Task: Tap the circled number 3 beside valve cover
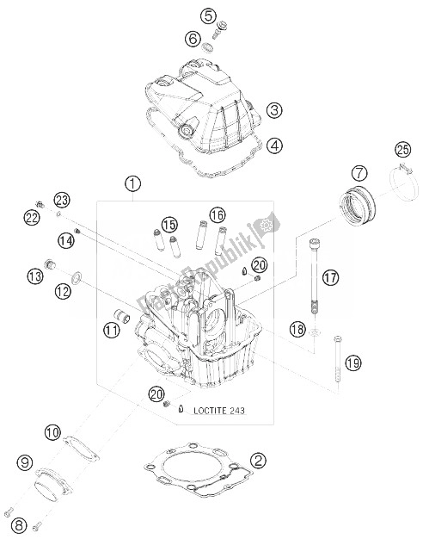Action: (250, 110)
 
